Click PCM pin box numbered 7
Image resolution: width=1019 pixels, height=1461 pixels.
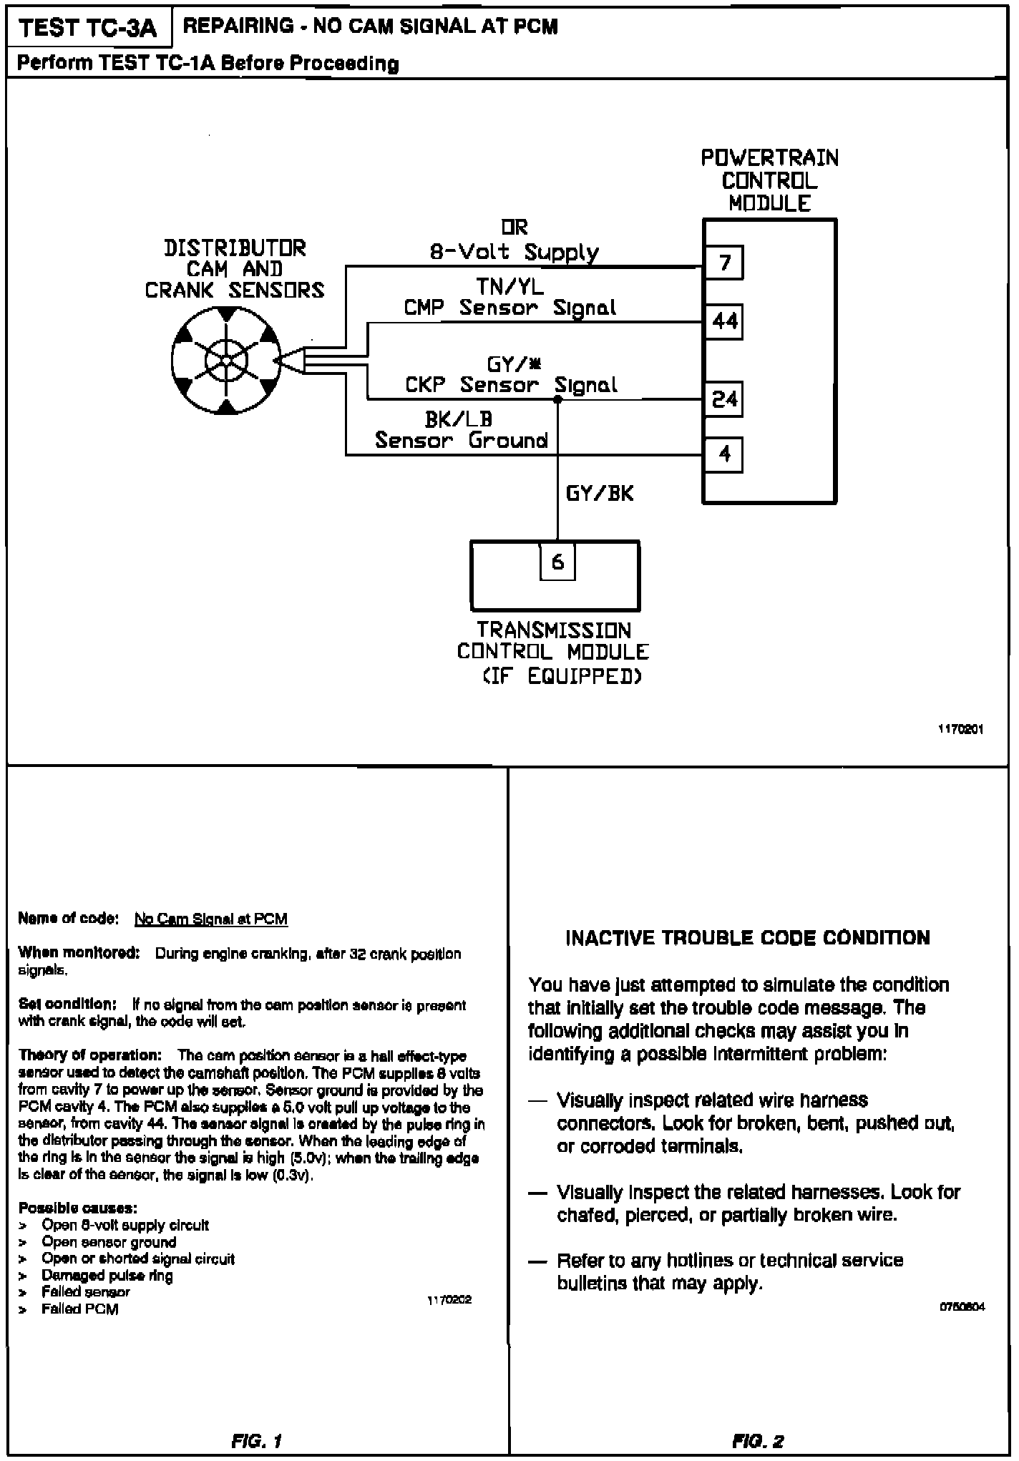click(x=724, y=263)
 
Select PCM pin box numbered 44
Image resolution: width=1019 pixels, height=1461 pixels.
click(x=724, y=321)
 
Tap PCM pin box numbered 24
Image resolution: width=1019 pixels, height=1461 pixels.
click(x=724, y=399)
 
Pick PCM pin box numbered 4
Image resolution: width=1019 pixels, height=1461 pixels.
click(x=724, y=454)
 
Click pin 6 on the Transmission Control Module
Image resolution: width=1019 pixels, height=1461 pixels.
click(x=557, y=562)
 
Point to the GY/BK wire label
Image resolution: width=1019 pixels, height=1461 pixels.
click(x=600, y=494)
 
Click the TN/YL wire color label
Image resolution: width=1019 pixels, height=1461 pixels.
click(x=509, y=287)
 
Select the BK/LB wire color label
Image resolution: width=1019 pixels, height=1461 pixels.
click(x=459, y=419)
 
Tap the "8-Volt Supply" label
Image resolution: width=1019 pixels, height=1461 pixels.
click(x=514, y=252)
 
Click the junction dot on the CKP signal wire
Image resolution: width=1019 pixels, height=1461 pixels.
click(x=558, y=399)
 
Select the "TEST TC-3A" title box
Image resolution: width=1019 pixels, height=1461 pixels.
click(x=89, y=28)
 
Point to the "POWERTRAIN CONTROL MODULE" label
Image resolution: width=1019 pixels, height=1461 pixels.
click(x=769, y=180)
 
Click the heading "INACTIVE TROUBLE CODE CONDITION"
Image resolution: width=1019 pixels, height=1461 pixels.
click(x=748, y=938)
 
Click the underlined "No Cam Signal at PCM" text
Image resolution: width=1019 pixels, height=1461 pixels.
click(x=211, y=919)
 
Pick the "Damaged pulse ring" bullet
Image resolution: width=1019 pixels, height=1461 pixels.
click(x=107, y=1275)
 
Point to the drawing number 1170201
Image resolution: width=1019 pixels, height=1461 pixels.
click(x=961, y=730)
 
